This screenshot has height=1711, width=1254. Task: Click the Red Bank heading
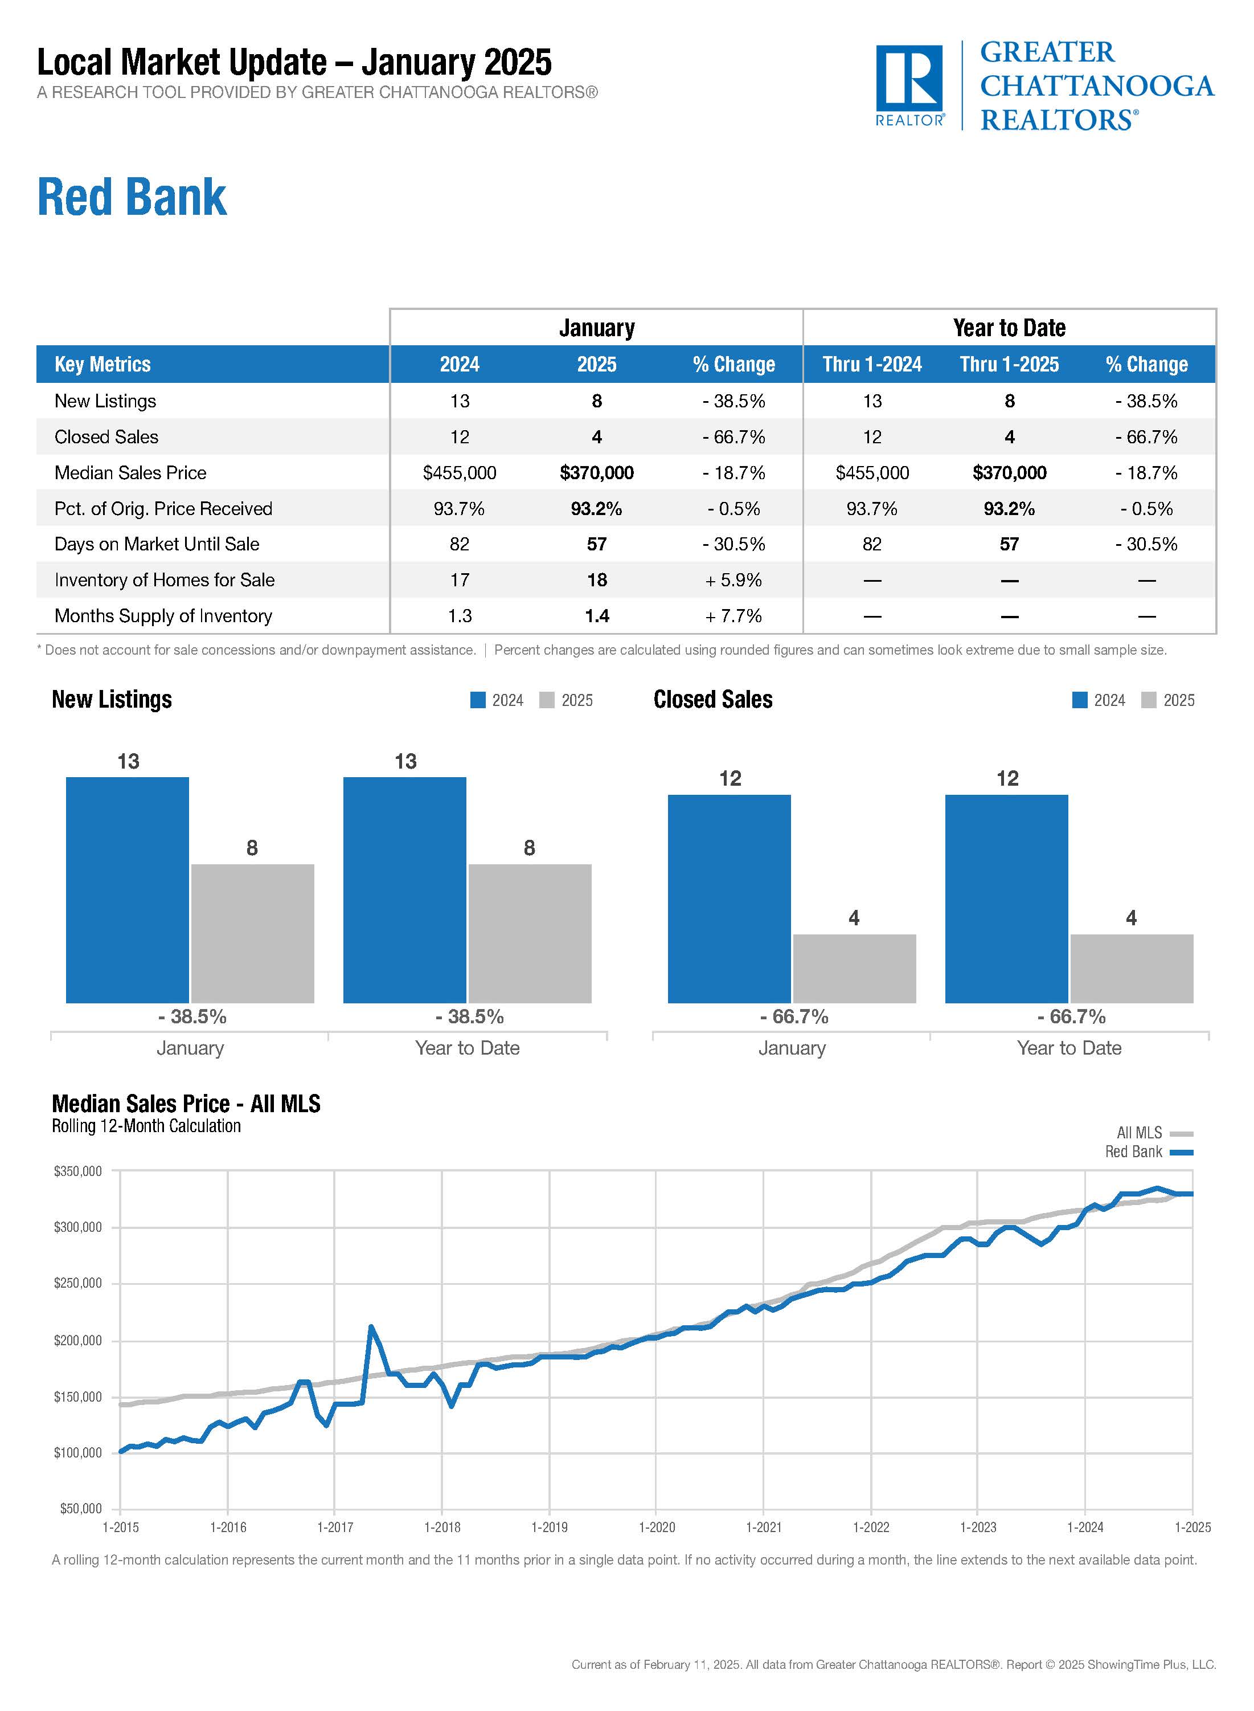point(132,198)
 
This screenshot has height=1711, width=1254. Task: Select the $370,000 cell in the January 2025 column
point(597,473)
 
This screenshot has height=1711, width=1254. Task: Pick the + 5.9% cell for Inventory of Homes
point(733,580)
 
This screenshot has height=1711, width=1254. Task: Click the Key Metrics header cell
point(103,365)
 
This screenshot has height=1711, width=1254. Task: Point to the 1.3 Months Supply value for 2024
point(459,616)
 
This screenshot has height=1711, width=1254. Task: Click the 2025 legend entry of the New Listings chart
point(567,700)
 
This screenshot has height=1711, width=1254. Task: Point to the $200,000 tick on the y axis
point(77,1341)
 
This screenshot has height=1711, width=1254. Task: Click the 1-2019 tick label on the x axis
point(549,1527)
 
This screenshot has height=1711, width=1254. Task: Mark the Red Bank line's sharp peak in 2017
point(370,1327)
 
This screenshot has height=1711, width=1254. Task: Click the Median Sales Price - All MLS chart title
point(186,1104)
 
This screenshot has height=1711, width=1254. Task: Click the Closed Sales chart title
point(713,700)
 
